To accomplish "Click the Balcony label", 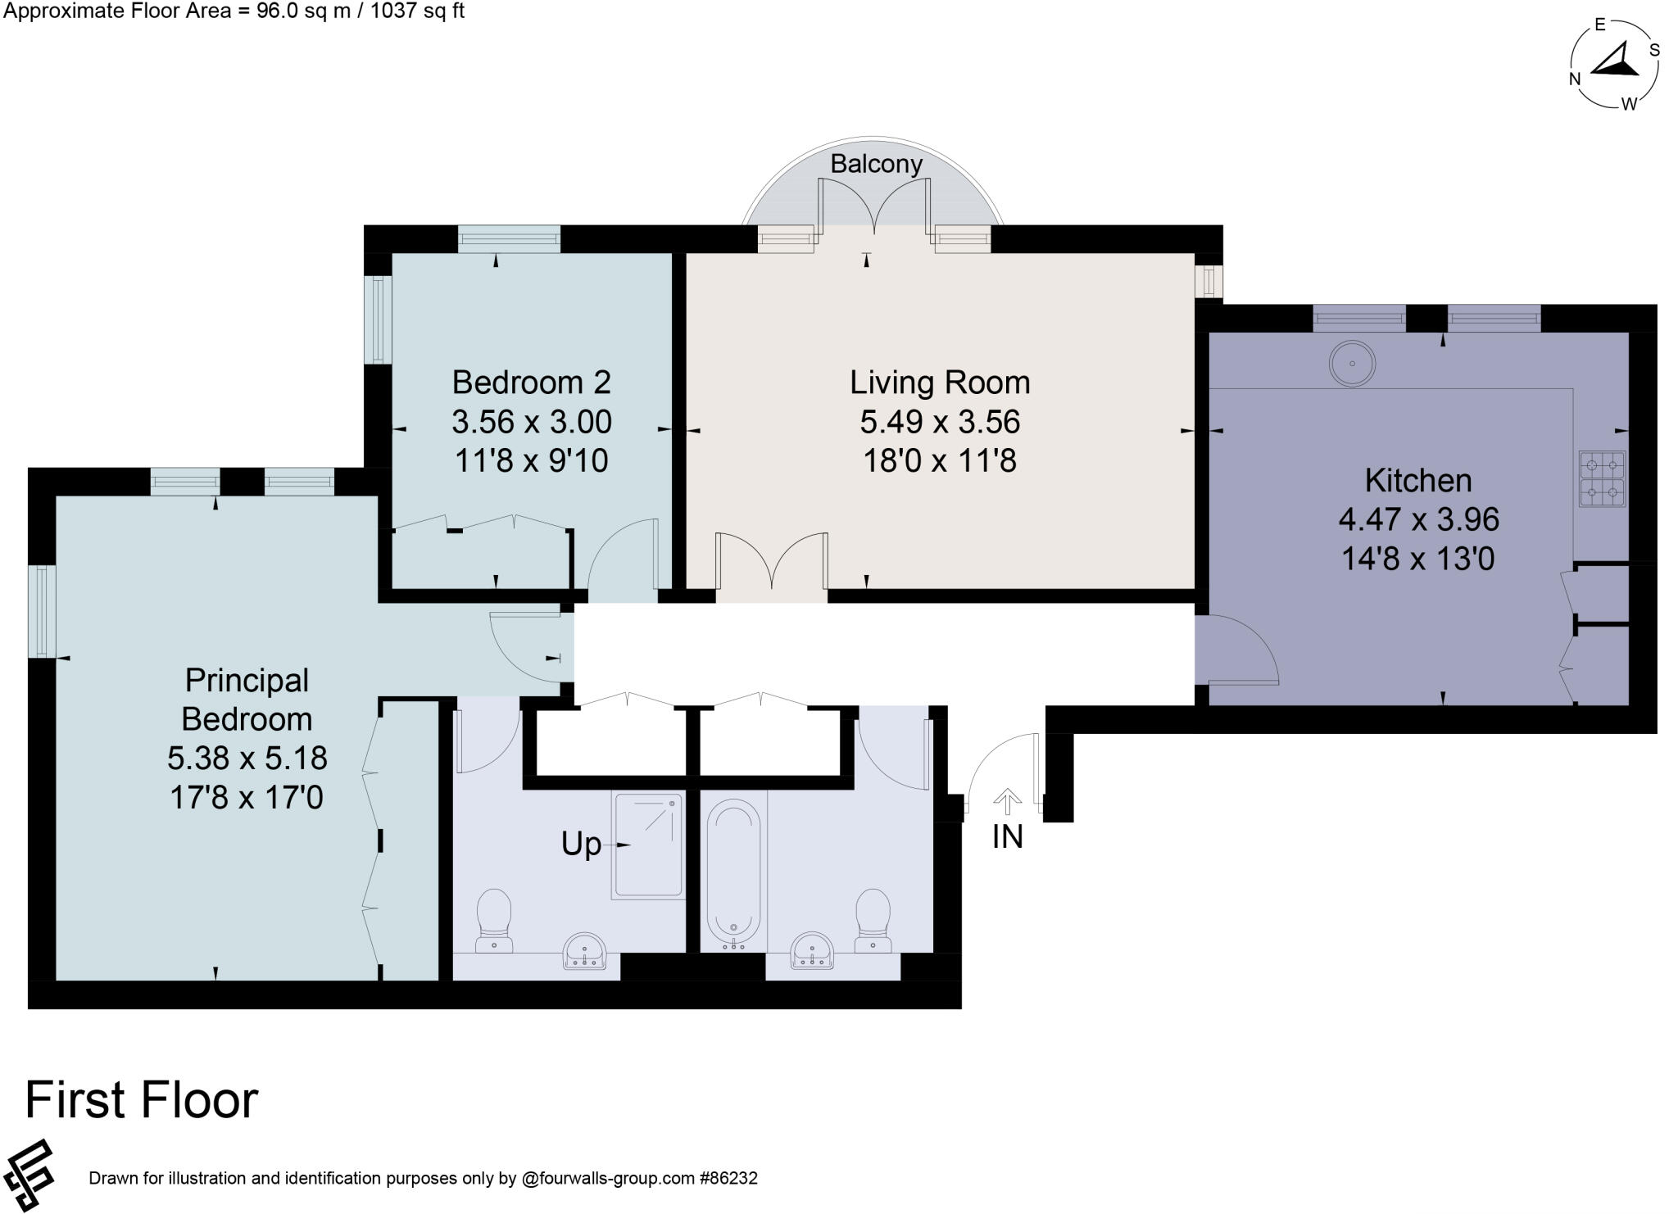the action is [x=876, y=164].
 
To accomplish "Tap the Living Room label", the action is [x=940, y=383].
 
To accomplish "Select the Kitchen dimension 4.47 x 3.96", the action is [x=1419, y=519].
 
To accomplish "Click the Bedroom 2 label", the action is [x=532, y=383].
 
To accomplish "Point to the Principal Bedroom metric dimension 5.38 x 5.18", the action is [x=247, y=758].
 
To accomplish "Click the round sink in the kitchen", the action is [x=1352, y=363].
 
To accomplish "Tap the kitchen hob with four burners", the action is [x=1603, y=479].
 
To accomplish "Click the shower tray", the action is [x=648, y=845].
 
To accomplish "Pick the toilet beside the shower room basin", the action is [x=494, y=921].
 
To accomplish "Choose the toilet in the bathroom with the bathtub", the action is [x=873, y=921].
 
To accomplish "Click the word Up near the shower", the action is [x=581, y=845].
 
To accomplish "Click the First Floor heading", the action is [x=142, y=1099].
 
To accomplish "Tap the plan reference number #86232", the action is [x=728, y=1178].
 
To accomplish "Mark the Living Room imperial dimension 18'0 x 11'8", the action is [x=940, y=461].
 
